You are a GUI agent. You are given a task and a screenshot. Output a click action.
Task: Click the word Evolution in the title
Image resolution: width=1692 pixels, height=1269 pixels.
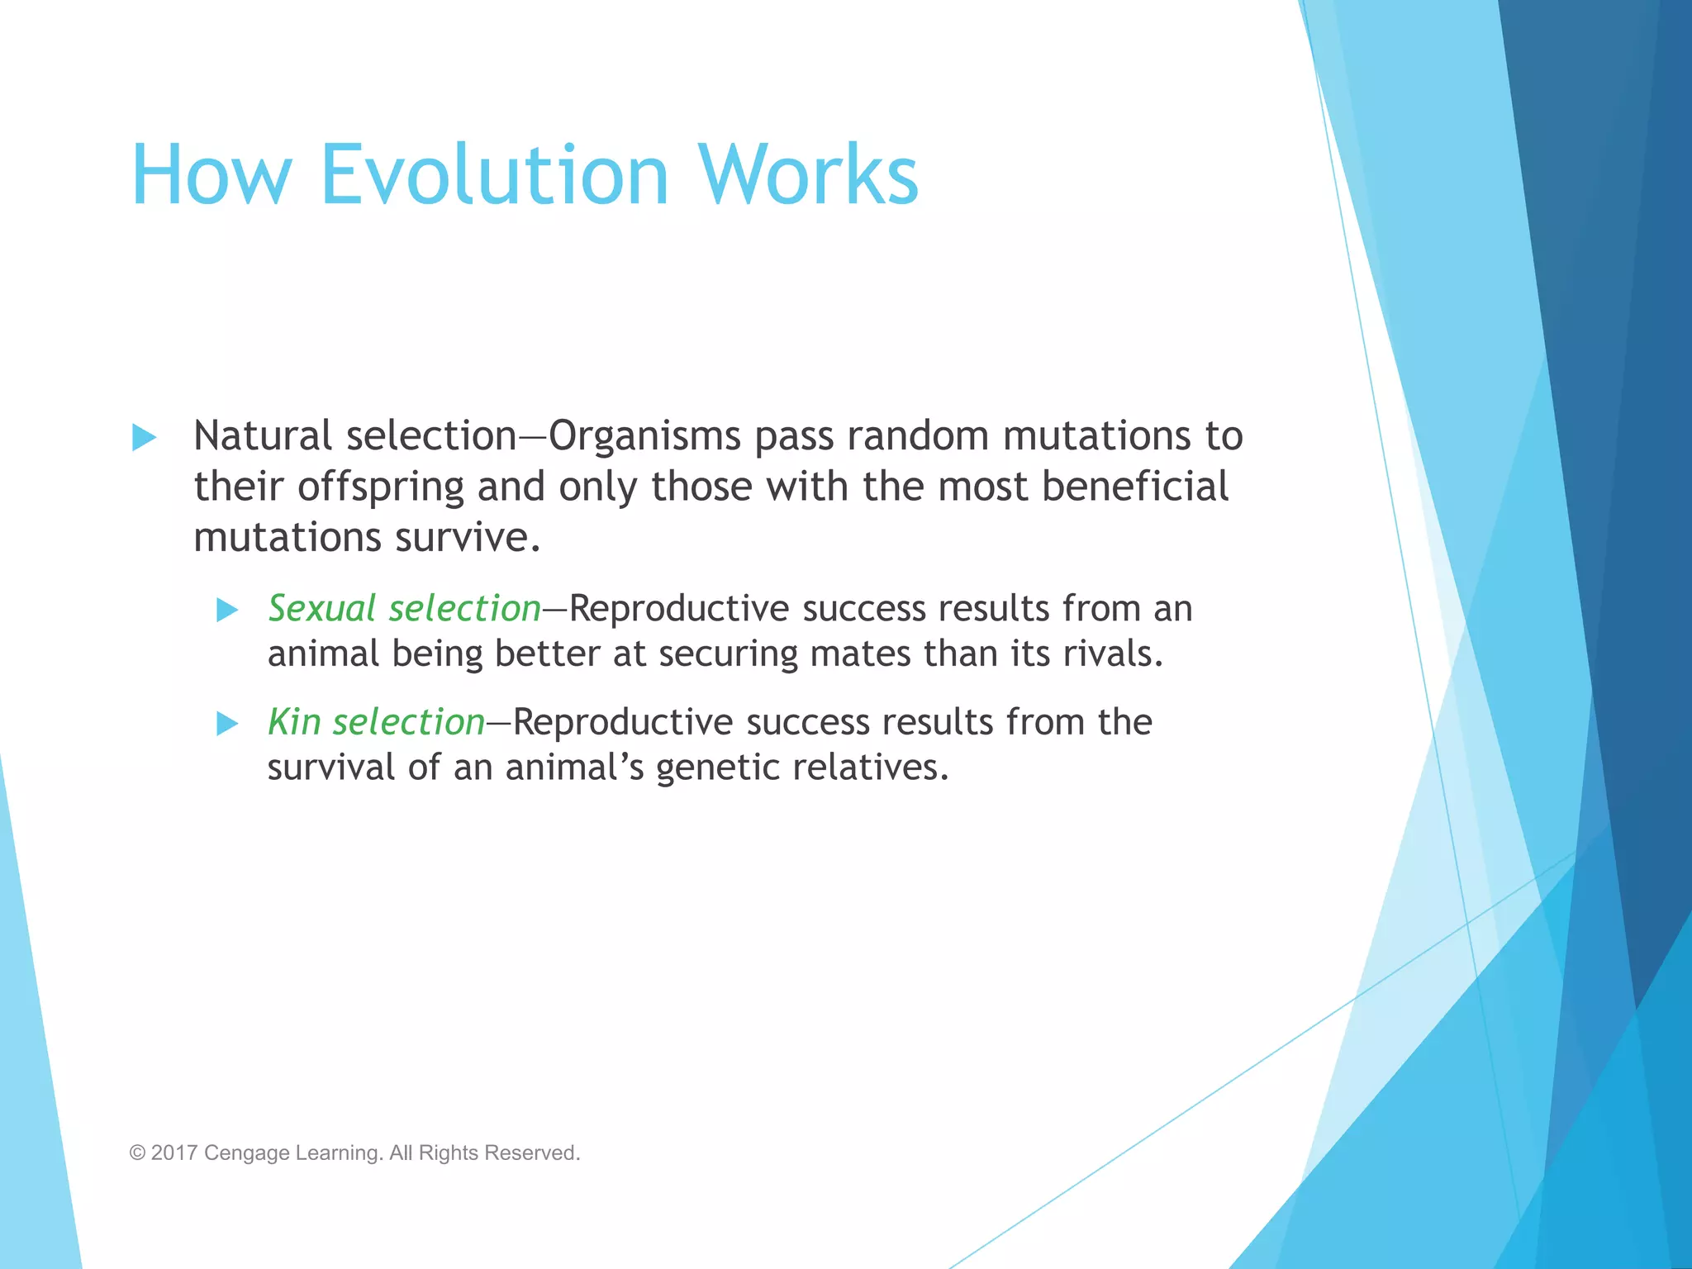(493, 175)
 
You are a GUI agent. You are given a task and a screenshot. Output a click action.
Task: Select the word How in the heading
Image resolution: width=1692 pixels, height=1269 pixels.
(211, 175)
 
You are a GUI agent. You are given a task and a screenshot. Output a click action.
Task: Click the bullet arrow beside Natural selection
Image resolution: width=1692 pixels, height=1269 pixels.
(144, 437)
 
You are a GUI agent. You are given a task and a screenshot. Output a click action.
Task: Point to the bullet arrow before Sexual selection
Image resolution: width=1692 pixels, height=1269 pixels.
(226, 611)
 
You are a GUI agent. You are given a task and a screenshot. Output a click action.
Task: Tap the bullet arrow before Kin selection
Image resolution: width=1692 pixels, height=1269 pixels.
(226, 724)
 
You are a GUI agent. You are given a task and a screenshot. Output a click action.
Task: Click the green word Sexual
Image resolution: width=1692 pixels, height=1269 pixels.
(322, 609)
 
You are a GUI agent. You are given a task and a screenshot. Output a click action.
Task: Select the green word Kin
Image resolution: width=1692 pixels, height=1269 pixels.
(294, 722)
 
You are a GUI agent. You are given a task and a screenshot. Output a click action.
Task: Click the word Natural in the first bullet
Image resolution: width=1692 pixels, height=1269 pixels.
(262, 436)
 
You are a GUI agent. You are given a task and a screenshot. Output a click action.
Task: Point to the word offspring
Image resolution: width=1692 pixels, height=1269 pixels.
(381, 487)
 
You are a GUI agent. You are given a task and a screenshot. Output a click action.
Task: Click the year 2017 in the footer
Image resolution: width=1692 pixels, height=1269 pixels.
(173, 1153)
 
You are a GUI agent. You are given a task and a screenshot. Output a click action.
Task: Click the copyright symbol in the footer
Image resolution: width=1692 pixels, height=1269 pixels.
(137, 1153)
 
